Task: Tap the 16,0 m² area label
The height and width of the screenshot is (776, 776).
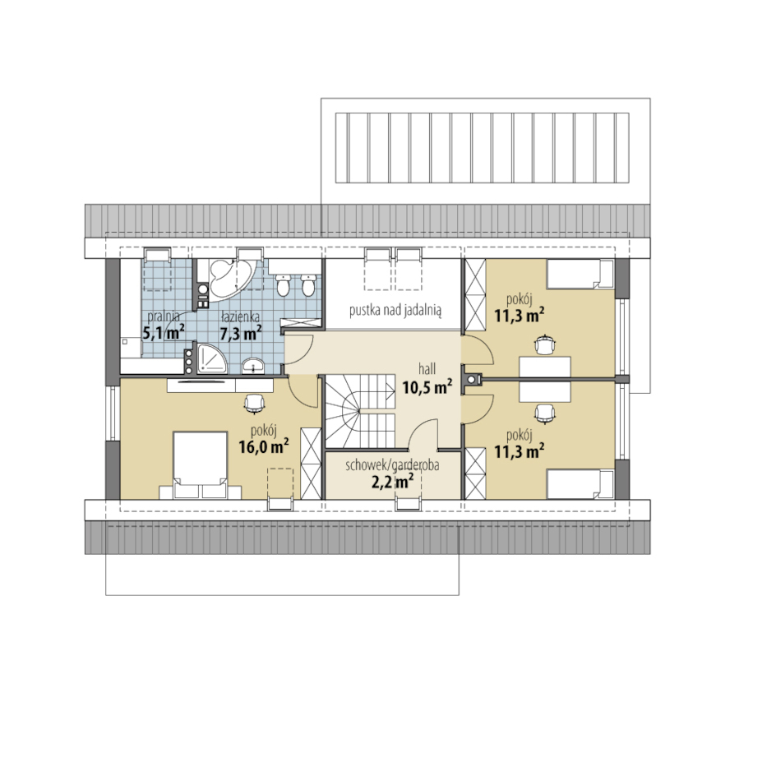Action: point(264,446)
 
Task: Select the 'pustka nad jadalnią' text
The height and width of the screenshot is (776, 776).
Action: point(395,310)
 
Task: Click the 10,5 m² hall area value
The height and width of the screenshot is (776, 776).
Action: point(427,386)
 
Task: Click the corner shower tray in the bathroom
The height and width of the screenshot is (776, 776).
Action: point(212,358)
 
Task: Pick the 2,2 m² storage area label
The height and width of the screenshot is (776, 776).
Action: point(392,481)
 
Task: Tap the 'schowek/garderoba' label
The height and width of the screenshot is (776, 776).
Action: point(392,465)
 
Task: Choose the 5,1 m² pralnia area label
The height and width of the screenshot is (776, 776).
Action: point(164,332)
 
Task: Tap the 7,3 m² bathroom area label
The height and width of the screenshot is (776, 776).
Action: point(241,333)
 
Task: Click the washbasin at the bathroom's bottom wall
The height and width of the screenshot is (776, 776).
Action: point(253,367)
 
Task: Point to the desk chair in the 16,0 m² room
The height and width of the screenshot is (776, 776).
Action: point(254,403)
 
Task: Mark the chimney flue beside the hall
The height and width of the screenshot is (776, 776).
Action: point(472,380)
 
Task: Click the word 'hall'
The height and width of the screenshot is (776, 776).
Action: point(427,369)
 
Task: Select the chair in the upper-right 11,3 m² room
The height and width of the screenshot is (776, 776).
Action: point(544,344)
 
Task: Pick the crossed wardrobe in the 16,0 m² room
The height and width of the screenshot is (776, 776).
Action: point(311,464)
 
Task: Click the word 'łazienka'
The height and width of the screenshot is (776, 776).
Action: point(241,316)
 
